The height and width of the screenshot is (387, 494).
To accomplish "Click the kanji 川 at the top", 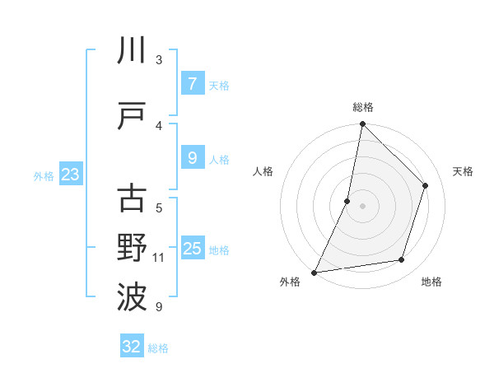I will click(132, 50).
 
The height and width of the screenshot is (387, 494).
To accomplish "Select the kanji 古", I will click(132, 198).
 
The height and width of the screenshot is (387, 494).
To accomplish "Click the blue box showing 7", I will click(192, 84).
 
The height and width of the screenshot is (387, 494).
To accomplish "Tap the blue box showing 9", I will click(192, 158).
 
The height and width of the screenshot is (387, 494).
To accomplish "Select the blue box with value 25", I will click(192, 249).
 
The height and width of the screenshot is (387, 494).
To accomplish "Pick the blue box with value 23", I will click(70, 175).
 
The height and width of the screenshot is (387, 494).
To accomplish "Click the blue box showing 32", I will click(132, 347).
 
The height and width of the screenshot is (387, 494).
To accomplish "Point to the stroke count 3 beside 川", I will click(159, 59).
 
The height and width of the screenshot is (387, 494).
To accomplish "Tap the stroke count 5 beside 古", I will click(159, 207).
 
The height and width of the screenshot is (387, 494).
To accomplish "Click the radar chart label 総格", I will click(362, 107).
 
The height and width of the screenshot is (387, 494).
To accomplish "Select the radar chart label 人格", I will click(263, 171).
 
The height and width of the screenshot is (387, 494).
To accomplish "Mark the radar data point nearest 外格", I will click(314, 273).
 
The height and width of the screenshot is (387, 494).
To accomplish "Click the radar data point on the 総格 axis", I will click(362, 124).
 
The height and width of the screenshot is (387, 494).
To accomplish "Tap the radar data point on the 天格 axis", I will click(426, 185).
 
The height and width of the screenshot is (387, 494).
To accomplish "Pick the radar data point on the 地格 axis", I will click(402, 260).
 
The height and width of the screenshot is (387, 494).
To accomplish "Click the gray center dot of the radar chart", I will click(362, 206).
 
